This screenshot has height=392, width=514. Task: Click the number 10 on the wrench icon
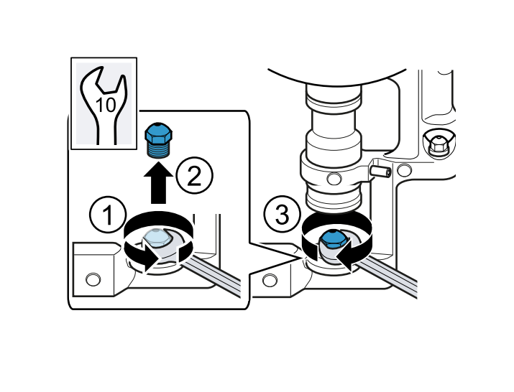click(106, 105)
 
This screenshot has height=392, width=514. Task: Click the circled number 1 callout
click(108, 215)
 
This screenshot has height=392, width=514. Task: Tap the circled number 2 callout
click(194, 175)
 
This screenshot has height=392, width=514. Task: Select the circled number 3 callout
click(283, 215)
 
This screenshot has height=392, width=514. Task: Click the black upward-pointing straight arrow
click(158, 183)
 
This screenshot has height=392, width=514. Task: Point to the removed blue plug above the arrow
click(159, 140)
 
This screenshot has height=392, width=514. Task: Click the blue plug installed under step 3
click(334, 240)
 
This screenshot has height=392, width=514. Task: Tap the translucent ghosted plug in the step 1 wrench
click(157, 238)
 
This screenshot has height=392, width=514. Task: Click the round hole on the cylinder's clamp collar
click(334, 179)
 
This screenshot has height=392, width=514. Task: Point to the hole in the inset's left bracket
click(93, 279)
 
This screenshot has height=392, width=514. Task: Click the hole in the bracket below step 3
click(270, 280)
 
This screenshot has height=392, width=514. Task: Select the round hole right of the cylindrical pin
click(405, 170)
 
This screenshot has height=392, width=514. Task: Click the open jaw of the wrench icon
click(106, 82)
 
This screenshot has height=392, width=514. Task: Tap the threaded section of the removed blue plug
click(159, 150)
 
